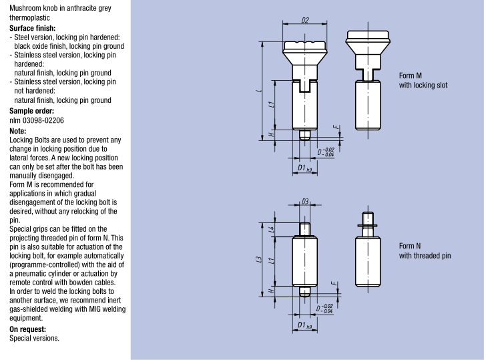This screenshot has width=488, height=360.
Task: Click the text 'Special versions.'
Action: coord(34,338)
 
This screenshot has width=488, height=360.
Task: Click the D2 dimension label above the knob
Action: coord(304,21)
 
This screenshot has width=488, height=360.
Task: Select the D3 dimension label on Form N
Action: coord(304,201)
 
